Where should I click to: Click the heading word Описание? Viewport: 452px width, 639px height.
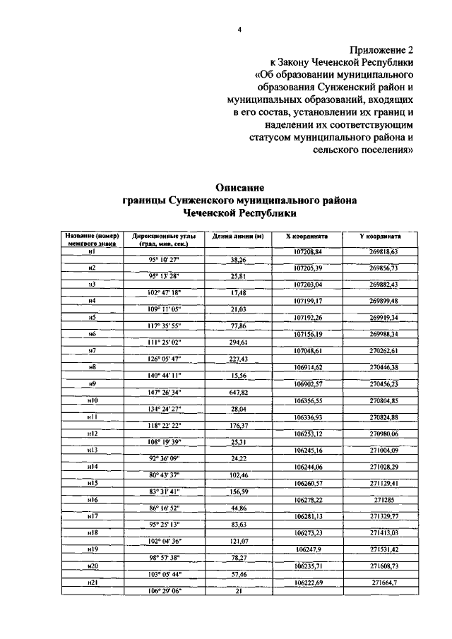pyautogui.click(x=239, y=188)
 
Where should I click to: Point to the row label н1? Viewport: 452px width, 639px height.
pyautogui.click(x=92, y=251)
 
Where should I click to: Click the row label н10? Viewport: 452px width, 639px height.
pyautogui.click(x=92, y=400)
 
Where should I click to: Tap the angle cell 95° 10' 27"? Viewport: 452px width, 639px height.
pyautogui.click(x=163, y=260)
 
